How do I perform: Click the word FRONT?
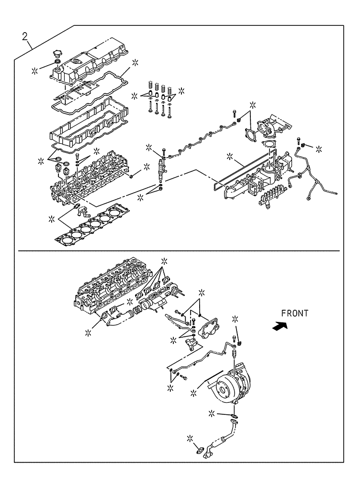(294, 314)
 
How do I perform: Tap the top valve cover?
(91, 65)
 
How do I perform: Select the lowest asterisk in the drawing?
(190, 438)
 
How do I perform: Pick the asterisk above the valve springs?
(181, 90)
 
